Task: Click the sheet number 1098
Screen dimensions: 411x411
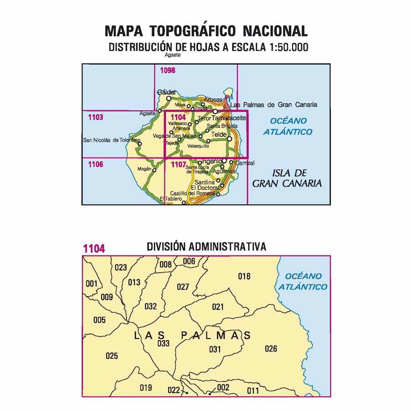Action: click(168, 70)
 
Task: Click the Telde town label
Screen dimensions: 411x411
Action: click(218, 135)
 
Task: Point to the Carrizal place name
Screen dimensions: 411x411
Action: click(245, 163)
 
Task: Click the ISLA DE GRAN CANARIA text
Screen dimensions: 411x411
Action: click(287, 179)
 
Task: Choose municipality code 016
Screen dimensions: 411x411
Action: click(244, 276)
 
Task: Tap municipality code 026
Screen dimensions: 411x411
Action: click(271, 349)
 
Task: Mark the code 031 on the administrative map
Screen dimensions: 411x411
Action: click(215, 350)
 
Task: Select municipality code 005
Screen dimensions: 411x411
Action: click(99, 320)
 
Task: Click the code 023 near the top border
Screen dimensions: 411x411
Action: click(121, 268)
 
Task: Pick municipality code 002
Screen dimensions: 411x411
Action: click(223, 388)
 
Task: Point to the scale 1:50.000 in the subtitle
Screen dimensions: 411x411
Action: click(285, 47)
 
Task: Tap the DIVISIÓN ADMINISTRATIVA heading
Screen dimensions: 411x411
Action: click(206, 247)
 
